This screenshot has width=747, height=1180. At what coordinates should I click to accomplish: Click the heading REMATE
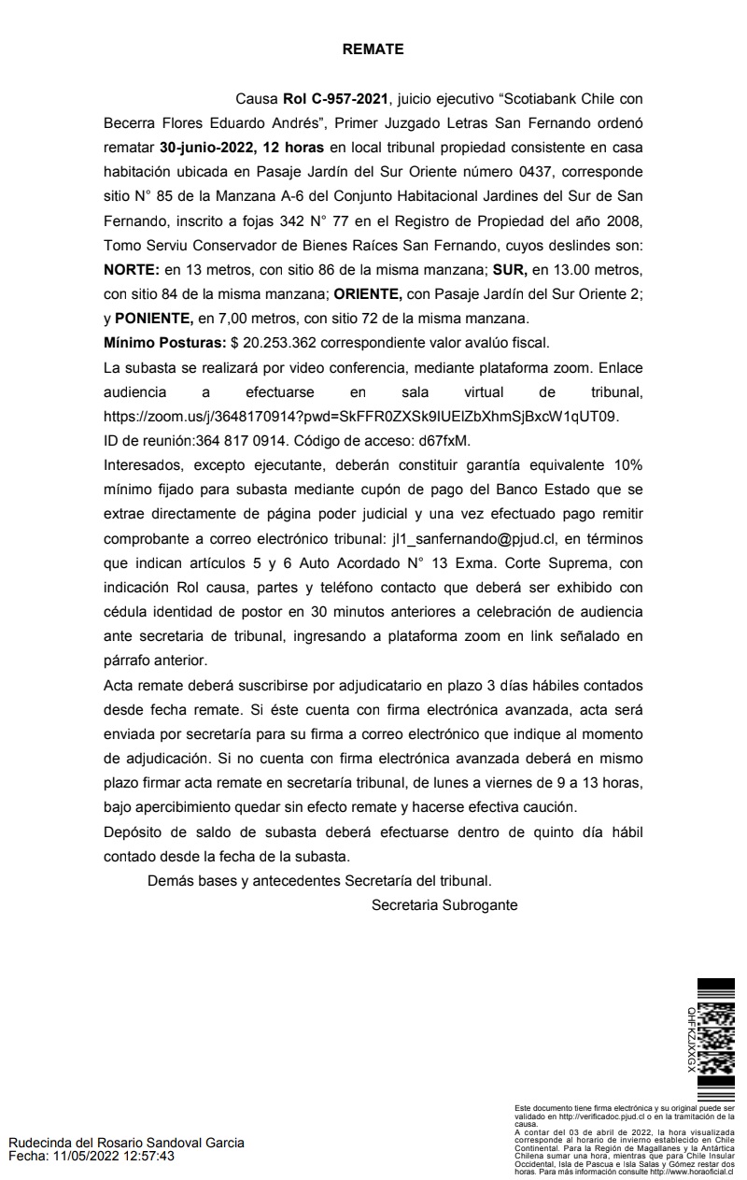coord(373,50)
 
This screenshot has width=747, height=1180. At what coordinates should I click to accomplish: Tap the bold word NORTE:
coord(132,269)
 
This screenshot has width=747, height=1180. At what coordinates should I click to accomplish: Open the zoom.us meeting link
coord(360,415)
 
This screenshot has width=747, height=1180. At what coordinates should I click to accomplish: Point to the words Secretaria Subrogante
coord(444,904)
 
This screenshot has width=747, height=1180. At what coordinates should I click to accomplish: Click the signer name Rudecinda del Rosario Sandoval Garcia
coord(126,1143)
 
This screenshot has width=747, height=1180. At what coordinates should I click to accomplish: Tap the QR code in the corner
coord(716,1037)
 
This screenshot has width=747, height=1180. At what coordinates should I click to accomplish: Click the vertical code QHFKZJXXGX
coord(691,1038)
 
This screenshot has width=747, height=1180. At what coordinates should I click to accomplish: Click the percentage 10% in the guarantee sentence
coord(628,464)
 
